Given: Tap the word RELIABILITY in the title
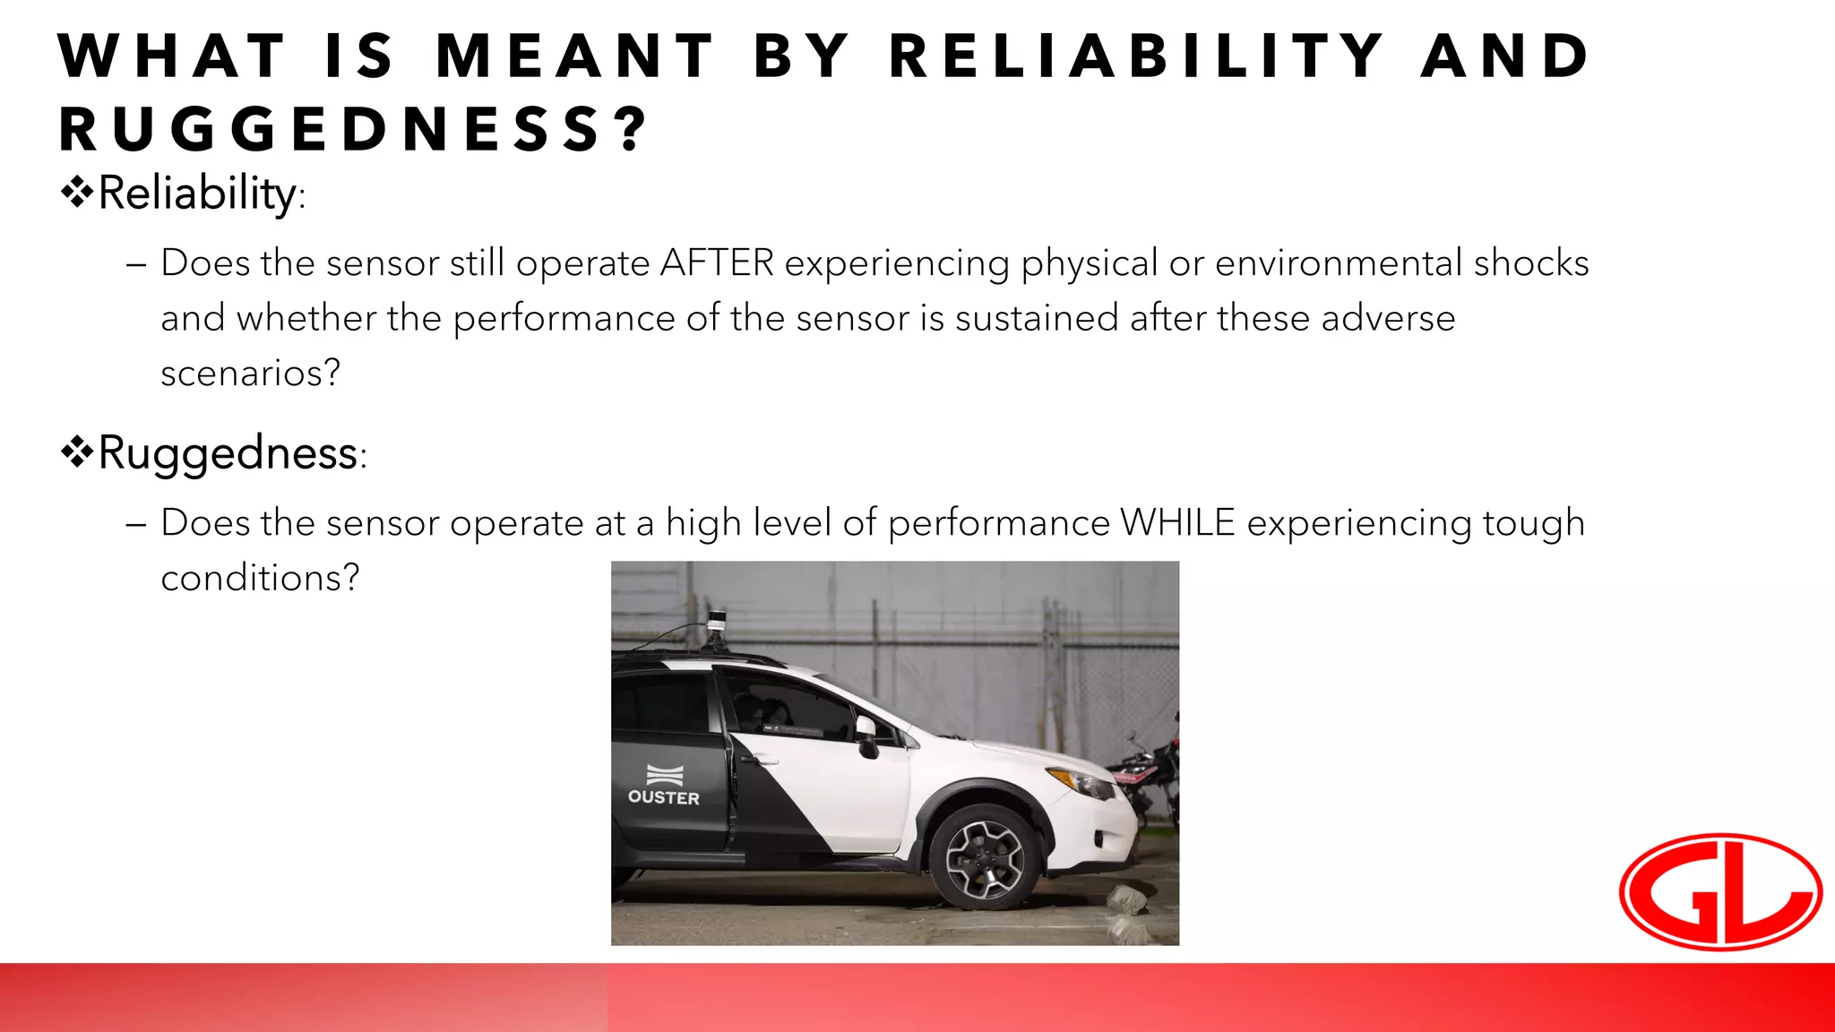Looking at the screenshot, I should pos(1136,56).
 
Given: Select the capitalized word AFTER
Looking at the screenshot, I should pos(717,263).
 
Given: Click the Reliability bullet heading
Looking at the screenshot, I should pos(197,193).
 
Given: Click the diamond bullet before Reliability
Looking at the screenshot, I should pos(77,191).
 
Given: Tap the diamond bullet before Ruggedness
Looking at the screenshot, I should pos(77,451).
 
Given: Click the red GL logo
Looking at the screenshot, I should pos(1720,891).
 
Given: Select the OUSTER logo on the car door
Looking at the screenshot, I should pos(664,786).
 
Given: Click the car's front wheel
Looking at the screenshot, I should pos(985,857).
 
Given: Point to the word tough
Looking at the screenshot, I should pos(1534,523).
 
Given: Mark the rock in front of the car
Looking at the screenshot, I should pos(1125,899).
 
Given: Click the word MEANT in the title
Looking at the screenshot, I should pos(574,56).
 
